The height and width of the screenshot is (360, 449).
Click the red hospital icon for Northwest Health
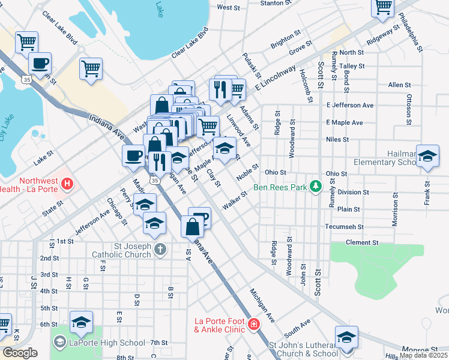(x=68, y=183)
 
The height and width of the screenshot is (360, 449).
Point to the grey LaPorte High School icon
(x=59, y=343)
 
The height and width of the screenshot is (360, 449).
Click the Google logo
(x=20, y=353)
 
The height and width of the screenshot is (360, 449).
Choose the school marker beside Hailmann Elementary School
(x=427, y=156)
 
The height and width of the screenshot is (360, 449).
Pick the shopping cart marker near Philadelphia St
(x=383, y=7)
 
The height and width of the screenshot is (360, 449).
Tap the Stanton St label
(x=276, y=3)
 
